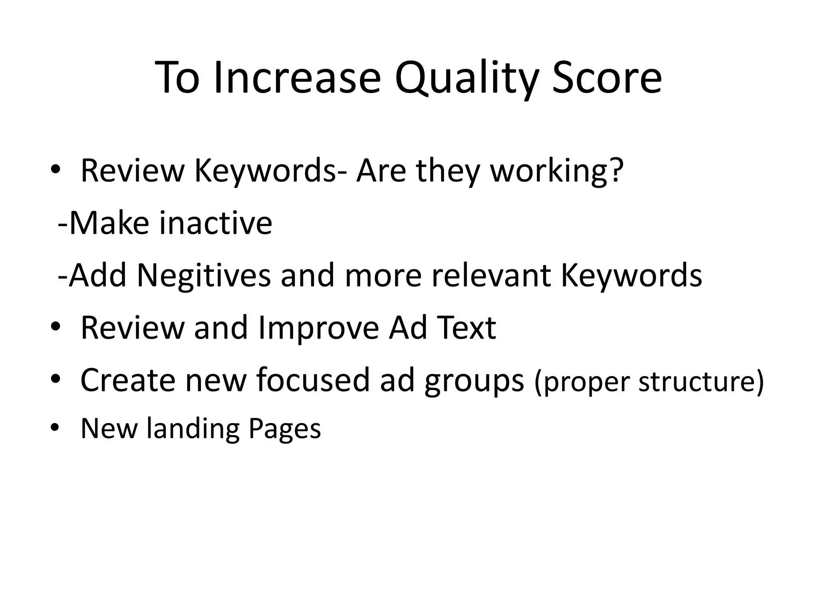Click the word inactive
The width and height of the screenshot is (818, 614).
click(x=216, y=223)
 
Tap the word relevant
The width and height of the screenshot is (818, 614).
click(x=492, y=275)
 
